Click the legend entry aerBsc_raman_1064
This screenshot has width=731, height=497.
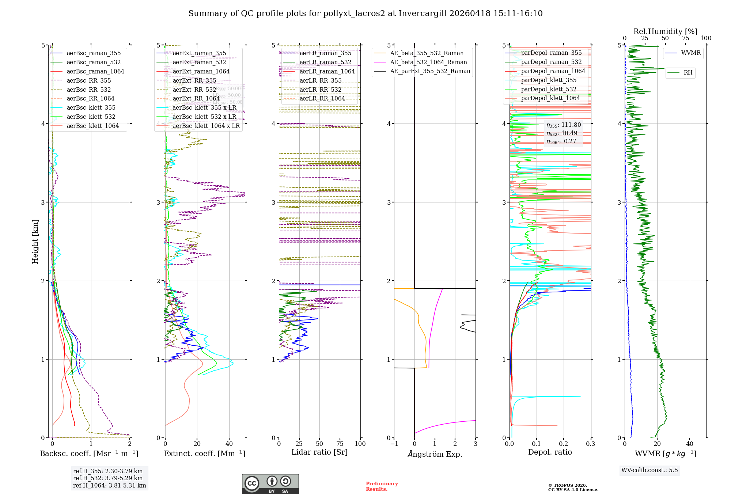[95, 71]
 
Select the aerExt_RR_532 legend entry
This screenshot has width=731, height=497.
[194, 90]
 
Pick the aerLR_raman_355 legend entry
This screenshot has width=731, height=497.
[325, 53]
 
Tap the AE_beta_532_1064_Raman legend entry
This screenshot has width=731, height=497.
[428, 62]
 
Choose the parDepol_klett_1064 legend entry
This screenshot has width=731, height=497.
[550, 98]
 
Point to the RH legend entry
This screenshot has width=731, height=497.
[688, 73]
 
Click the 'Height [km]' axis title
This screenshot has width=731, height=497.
[35, 241]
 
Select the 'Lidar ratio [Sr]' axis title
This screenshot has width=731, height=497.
[319, 452]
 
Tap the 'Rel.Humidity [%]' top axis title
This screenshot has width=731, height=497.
[665, 31]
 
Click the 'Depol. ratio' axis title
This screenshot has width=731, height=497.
[550, 452]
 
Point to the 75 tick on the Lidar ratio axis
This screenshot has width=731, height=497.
[340, 444]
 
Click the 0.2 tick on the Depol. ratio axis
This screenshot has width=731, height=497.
[563, 444]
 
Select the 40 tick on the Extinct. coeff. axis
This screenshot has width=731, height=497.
[229, 444]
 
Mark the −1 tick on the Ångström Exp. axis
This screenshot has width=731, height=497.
[394, 444]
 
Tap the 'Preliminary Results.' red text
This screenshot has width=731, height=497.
[382, 486]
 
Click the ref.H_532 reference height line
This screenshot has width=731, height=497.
[107, 478]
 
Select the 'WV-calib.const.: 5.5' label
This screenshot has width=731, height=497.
[649, 470]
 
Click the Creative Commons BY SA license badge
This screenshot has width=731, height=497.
[270, 484]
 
